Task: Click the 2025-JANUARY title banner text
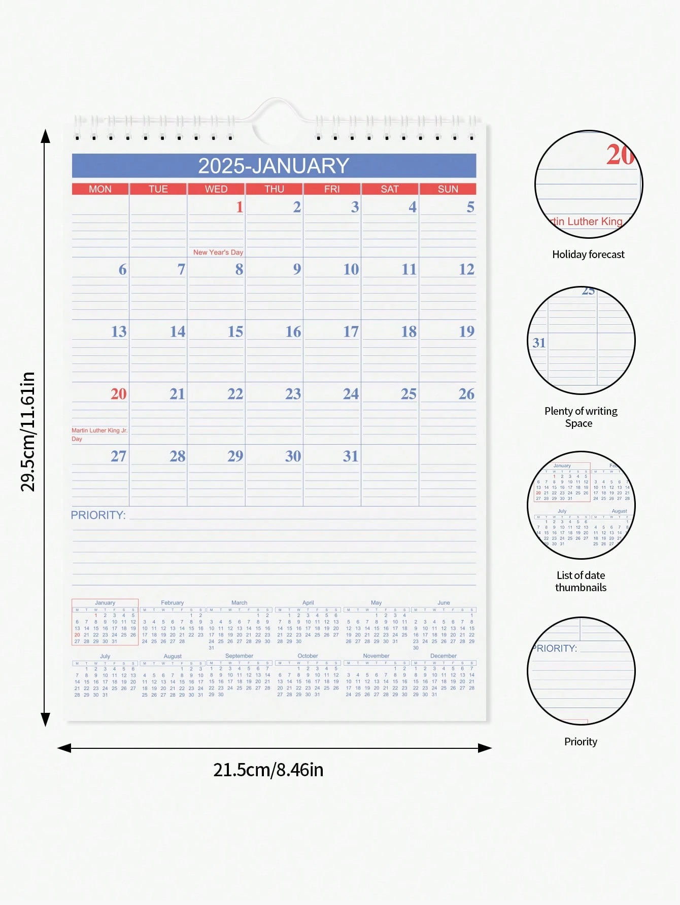click(x=274, y=166)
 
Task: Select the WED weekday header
click(x=216, y=189)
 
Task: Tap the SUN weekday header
click(x=448, y=189)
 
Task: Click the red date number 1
click(x=240, y=207)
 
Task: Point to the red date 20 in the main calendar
click(x=119, y=394)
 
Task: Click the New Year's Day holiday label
click(x=218, y=252)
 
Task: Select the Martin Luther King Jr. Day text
click(x=99, y=435)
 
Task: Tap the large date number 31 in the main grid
click(x=351, y=456)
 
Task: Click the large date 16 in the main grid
click(x=293, y=332)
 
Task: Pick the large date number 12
click(x=466, y=269)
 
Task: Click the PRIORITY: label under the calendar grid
click(x=98, y=515)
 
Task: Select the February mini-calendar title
click(x=172, y=603)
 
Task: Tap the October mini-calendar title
click(x=308, y=656)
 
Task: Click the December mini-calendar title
click(x=443, y=656)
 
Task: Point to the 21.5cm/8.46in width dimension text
click(x=268, y=770)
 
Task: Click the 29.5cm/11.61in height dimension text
click(x=28, y=431)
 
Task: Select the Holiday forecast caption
click(x=588, y=255)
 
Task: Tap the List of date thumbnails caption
click(x=581, y=582)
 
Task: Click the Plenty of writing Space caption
click(x=581, y=417)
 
